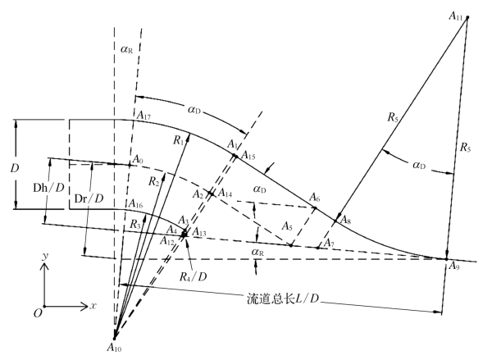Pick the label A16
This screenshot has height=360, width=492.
coord(137,203)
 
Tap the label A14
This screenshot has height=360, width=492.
coord(225,194)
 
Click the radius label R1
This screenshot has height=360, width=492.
coord(179,140)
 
